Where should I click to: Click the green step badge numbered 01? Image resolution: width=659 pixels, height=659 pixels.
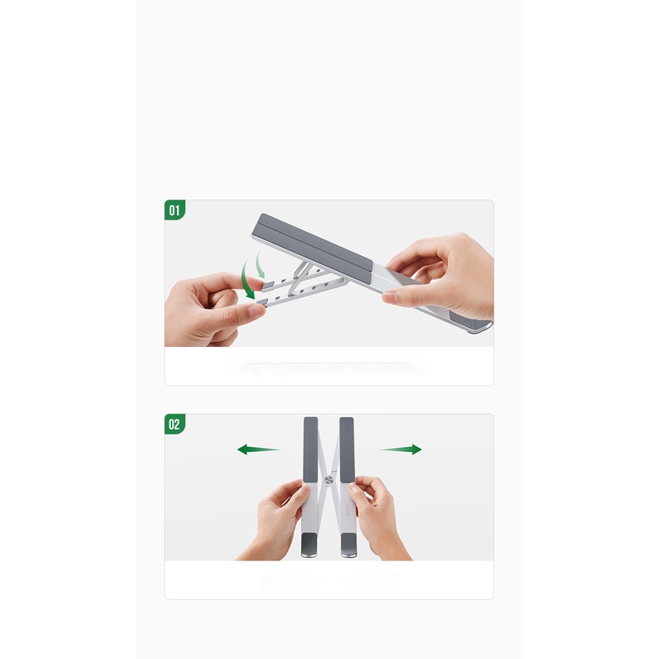click(x=174, y=209)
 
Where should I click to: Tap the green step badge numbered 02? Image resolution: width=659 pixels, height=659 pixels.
click(x=174, y=424)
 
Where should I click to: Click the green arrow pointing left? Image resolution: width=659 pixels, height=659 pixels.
click(x=259, y=450)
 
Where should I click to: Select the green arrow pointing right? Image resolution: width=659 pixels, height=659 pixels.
click(x=400, y=450)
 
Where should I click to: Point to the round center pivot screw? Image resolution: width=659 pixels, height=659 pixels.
click(x=329, y=480)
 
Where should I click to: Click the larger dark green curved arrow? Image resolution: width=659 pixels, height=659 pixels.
click(x=247, y=279)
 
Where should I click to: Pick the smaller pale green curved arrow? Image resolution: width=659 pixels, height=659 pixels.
click(x=260, y=264)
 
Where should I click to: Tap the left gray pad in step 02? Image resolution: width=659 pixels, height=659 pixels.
click(x=310, y=450)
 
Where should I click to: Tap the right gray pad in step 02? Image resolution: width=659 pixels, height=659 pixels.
click(x=347, y=450)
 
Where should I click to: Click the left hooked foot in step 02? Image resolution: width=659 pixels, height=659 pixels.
click(x=309, y=545)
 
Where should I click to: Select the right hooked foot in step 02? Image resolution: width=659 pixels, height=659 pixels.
click(x=349, y=545)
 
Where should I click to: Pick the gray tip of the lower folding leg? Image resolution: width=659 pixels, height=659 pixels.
click(x=261, y=303)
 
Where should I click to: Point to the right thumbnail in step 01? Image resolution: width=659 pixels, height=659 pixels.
click(x=390, y=298)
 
